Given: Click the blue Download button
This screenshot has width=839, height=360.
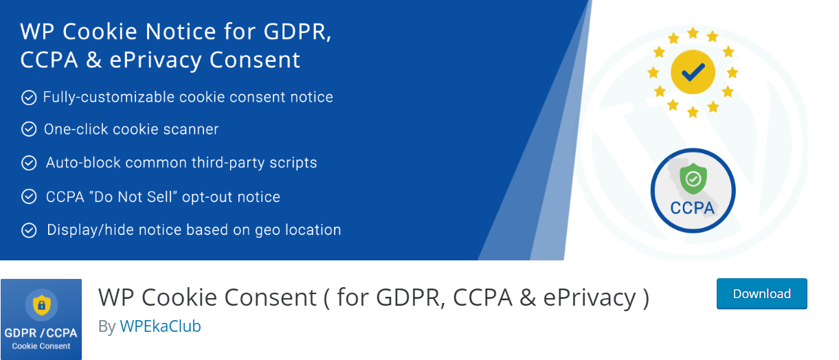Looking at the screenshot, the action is [x=761, y=293].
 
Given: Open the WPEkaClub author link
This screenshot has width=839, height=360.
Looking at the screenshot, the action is [x=160, y=326].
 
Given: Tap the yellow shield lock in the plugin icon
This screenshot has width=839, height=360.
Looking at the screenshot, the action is [x=42, y=305].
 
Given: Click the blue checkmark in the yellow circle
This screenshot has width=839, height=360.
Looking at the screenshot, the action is [x=693, y=72].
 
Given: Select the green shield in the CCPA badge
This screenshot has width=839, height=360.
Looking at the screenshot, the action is [x=693, y=179].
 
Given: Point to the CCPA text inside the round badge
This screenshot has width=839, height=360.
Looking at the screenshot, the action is [x=692, y=208].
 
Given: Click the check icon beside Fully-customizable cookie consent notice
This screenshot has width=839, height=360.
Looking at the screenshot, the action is [x=29, y=98].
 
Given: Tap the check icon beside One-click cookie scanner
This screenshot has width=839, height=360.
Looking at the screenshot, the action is [x=29, y=129].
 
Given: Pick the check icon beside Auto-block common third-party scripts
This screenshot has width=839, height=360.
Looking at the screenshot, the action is [x=29, y=163].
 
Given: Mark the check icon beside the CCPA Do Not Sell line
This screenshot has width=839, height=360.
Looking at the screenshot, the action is [x=29, y=196].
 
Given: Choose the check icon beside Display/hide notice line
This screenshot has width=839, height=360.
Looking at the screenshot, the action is [x=29, y=230].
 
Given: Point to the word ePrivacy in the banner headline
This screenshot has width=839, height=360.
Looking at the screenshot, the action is [x=155, y=60].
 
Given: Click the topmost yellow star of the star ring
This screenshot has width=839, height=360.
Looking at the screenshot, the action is [x=693, y=33].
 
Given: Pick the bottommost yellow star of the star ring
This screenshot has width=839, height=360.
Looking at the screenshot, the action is [x=693, y=111].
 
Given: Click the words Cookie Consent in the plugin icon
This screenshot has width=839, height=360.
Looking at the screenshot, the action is [x=41, y=346].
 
